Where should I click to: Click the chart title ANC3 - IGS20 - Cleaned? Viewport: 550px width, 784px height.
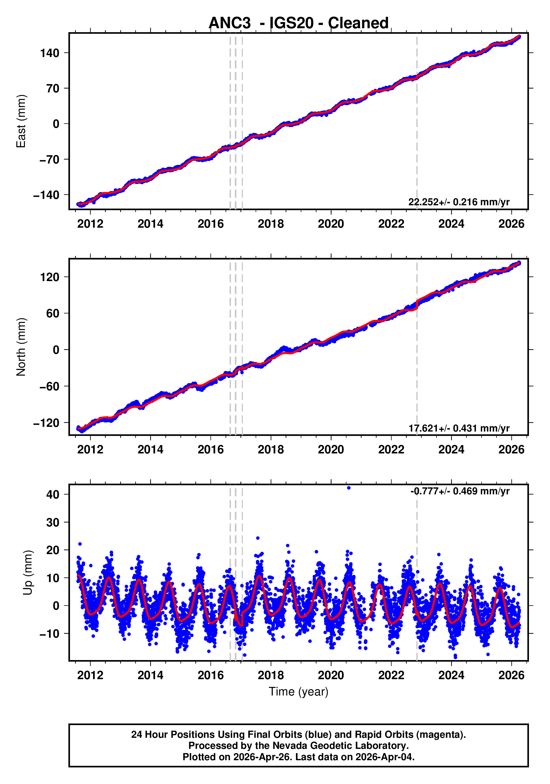(x=299, y=23)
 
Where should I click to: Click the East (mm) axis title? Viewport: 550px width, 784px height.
(x=21, y=121)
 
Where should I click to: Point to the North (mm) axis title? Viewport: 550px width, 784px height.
(x=21, y=347)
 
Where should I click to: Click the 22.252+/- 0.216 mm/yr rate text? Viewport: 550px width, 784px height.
(x=459, y=202)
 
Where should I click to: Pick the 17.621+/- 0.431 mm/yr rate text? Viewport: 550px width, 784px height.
(x=459, y=428)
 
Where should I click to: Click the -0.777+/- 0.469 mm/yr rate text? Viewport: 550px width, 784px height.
(x=460, y=491)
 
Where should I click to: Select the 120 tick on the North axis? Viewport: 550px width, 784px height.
(x=50, y=277)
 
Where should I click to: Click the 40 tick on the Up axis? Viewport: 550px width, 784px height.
(x=53, y=494)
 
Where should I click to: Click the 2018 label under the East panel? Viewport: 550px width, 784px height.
(x=271, y=224)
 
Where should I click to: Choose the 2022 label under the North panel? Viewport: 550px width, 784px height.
(x=391, y=450)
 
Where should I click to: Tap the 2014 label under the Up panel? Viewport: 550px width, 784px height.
(x=150, y=675)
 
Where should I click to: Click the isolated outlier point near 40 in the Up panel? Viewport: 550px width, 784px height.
(x=349, y=488)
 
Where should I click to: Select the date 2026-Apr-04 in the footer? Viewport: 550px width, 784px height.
(x=385, y=757)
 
